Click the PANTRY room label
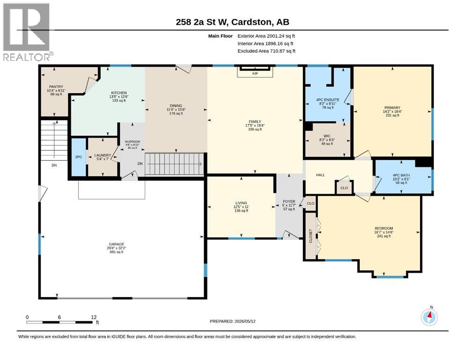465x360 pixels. click(56, 87)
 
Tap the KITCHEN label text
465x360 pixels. click(119, 93)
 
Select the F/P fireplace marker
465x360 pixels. click(255, 73)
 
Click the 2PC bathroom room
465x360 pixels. click(79, 157)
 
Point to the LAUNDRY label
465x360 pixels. click(103, 155)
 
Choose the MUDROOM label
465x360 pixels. click(132, 142)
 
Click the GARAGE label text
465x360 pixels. click(116, 244)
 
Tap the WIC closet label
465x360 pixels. click(327, 136)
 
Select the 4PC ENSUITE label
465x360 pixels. click(328, 100)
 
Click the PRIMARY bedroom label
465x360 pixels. click(392, 108)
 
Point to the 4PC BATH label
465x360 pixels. click(401, 175)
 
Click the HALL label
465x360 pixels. click(320, 175)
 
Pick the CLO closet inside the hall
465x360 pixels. click(344, 188)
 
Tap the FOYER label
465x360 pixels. click(289, 202)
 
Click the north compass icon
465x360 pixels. click(429, 317)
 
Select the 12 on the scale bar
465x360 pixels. click(94, 317)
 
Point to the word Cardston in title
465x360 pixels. click(251, 22)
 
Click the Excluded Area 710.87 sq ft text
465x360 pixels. click(266, 51)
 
